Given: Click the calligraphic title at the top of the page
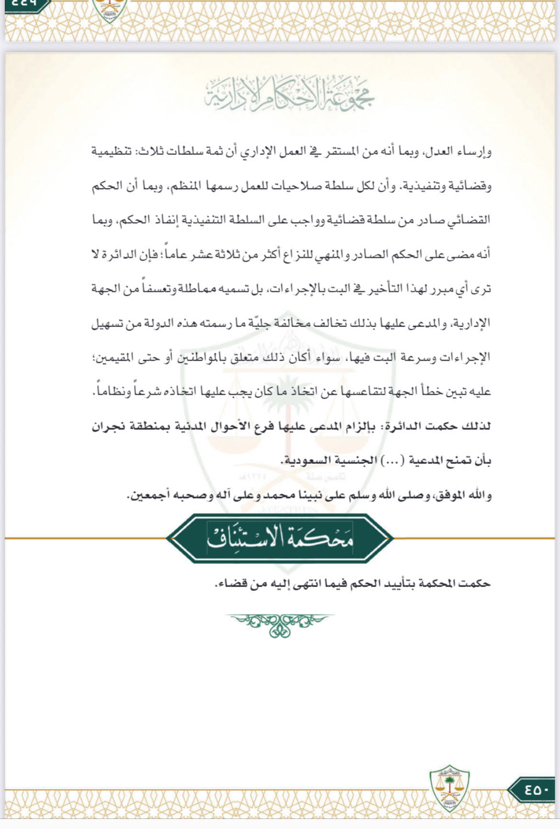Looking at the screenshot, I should point(289,94).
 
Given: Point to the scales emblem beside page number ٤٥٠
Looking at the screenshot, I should point(449,788).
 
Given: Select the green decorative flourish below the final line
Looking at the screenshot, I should point(280,625).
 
